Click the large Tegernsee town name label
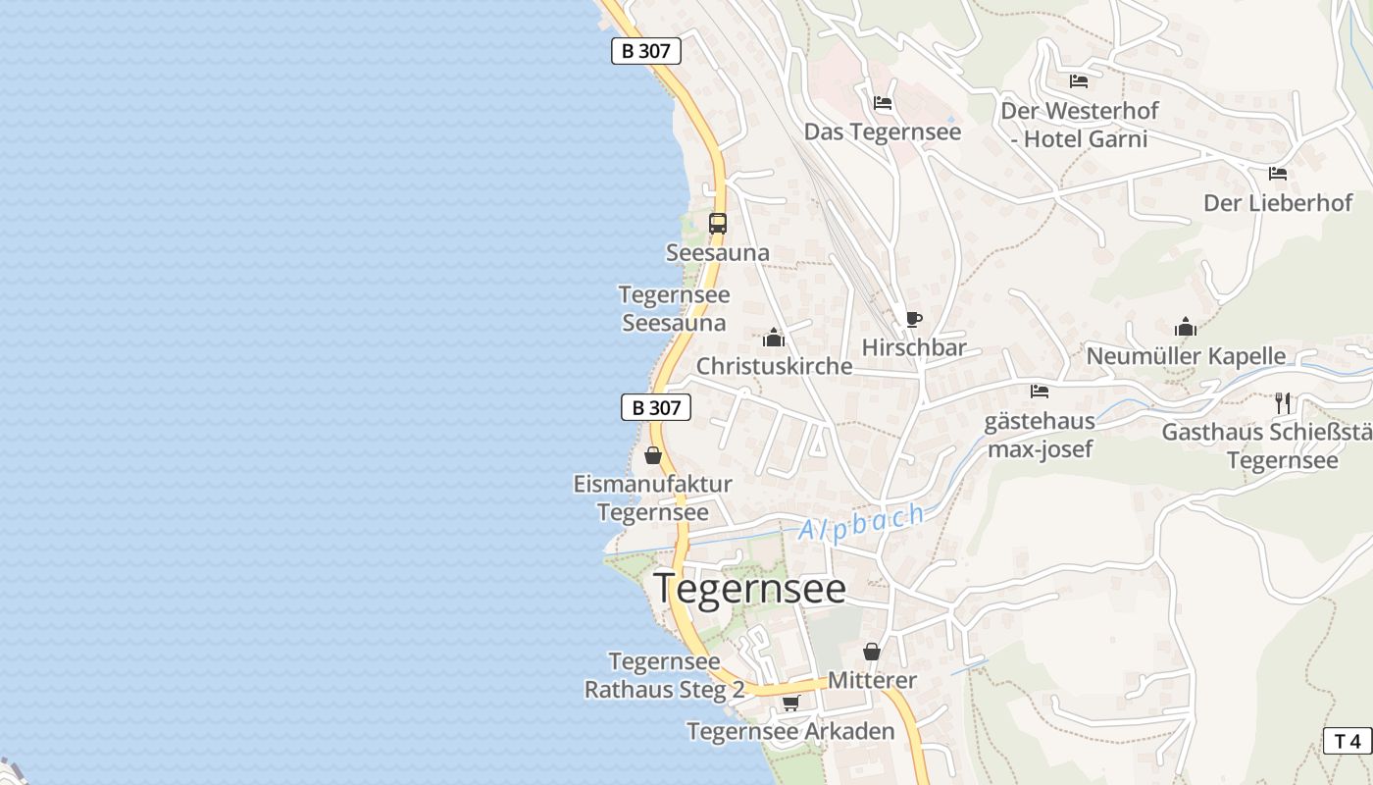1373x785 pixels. click(x=749, y=589)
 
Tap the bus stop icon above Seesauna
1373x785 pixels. click(x=718, y=223)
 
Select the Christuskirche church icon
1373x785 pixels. click(x=774, y=339)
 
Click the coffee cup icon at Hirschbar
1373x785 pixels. click(x=914, y=319)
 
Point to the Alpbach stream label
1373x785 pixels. click(x=862, y=523)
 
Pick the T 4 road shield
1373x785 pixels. click(x=1348, y=741)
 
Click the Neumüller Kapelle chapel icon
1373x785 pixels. click(x=1186, y=327)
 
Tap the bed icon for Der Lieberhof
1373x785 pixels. click(x=1277, y=174)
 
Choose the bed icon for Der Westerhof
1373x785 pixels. click(x=1079, y=81)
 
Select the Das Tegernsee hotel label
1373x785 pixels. click(x=883, y=131)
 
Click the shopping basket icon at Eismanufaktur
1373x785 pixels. click(x=653, y=455)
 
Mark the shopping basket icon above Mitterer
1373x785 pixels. click(x=871, y=651)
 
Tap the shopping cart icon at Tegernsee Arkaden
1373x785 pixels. click(x=790, y=703)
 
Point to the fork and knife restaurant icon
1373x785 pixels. click(x=1282, y=402)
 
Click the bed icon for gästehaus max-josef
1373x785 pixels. click(x=1040, y=392)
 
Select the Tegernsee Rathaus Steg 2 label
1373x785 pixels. click(x=664, y=675)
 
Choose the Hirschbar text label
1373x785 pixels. click(x=914, y=347)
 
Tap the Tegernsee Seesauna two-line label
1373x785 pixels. click(x=674, y=308)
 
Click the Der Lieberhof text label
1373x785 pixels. click(x=1278, y=203)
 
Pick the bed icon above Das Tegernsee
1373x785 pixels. click(x=883, y=102)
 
